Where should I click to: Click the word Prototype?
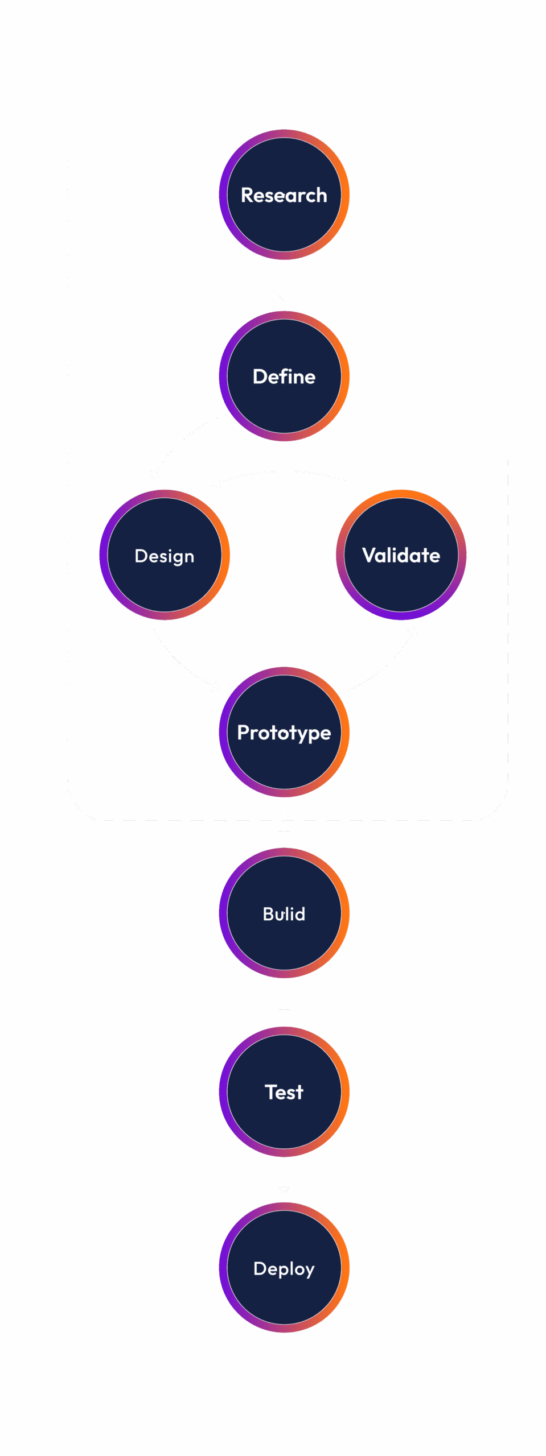(284, 733)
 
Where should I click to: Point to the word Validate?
(401, 555)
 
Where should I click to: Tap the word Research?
(284, 195)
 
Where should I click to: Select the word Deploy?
(284, 1268)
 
